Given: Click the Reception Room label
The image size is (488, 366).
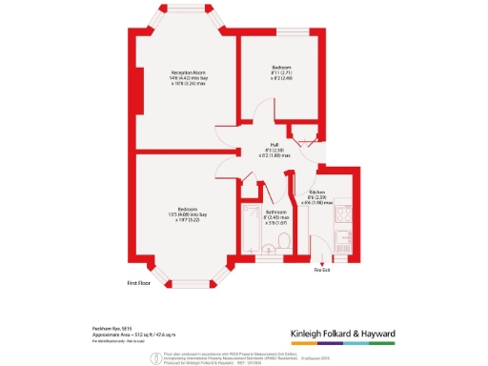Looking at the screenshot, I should (190, 72).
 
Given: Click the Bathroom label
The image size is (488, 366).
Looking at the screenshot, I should (276, 212).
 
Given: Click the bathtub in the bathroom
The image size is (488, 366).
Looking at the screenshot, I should (252, 229).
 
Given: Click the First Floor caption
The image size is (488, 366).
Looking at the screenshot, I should (140, 283).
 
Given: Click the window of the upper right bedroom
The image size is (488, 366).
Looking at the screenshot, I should (286, 34).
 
